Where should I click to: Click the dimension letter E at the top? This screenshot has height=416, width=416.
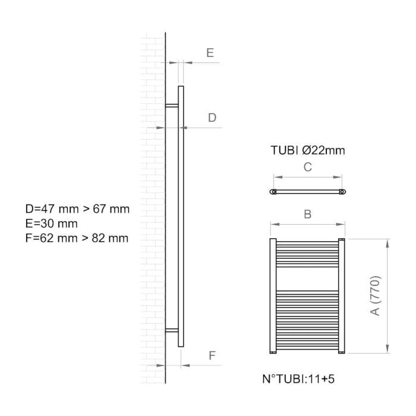[x=210, y=53]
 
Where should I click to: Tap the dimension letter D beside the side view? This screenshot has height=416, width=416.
[x=212, y=118]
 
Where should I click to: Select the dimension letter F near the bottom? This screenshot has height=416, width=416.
[x=212, y=355]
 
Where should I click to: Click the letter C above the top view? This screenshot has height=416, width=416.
[x=307, y=167]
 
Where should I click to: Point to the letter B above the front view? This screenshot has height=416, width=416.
[x=307, y=214]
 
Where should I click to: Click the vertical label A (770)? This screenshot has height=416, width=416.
[x=376, y=296]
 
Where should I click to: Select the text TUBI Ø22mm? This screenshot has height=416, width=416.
[x=308, y=150]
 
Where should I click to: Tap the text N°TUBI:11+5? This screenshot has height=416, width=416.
[x=298, y=379]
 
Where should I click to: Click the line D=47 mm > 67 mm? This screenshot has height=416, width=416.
[x=77, y=209]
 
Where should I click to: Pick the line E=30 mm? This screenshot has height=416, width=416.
[x=52, y=223]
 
